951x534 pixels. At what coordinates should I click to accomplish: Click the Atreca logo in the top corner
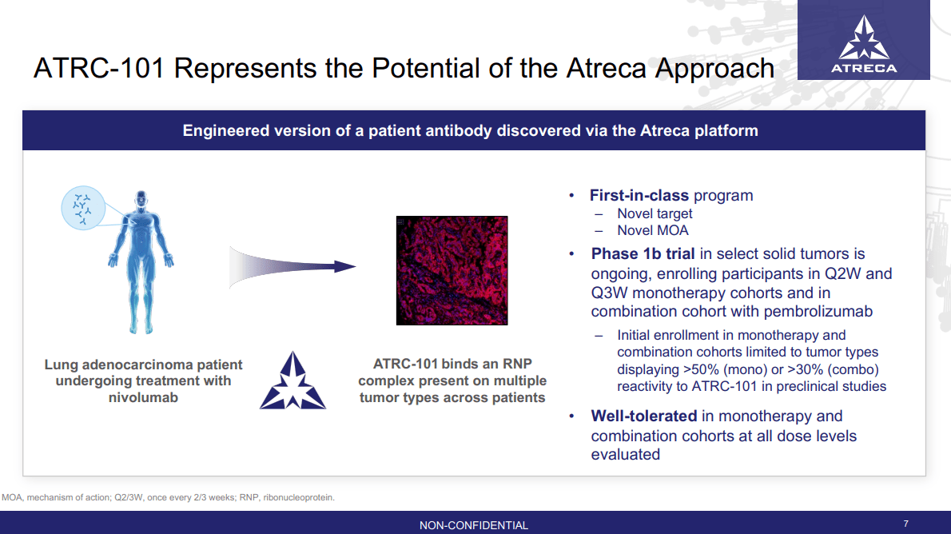(x=863, y=46)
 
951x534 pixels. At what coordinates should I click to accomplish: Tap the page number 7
(x=905, y=524)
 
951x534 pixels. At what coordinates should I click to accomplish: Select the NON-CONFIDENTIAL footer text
(x=474, y=525)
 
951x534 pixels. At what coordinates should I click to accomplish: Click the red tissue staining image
(x=452, y=270)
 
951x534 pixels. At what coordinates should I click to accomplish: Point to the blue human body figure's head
(x=141, y=197)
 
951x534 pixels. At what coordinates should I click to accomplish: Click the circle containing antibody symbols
(x=83, y=206)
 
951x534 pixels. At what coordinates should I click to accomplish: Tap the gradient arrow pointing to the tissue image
(x=292, y=266)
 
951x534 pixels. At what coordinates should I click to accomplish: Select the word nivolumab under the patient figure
(x=143, y=397)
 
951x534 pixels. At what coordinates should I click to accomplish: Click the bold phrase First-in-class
(x=639, y=195)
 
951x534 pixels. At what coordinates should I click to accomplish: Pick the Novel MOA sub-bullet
(x=652, y=230)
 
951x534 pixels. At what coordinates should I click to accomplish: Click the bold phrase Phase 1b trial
(x=643, y=254)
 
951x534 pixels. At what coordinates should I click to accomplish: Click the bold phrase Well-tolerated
(x=644, y=416)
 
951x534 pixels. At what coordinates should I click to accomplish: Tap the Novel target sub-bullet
(x=655, y=213)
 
